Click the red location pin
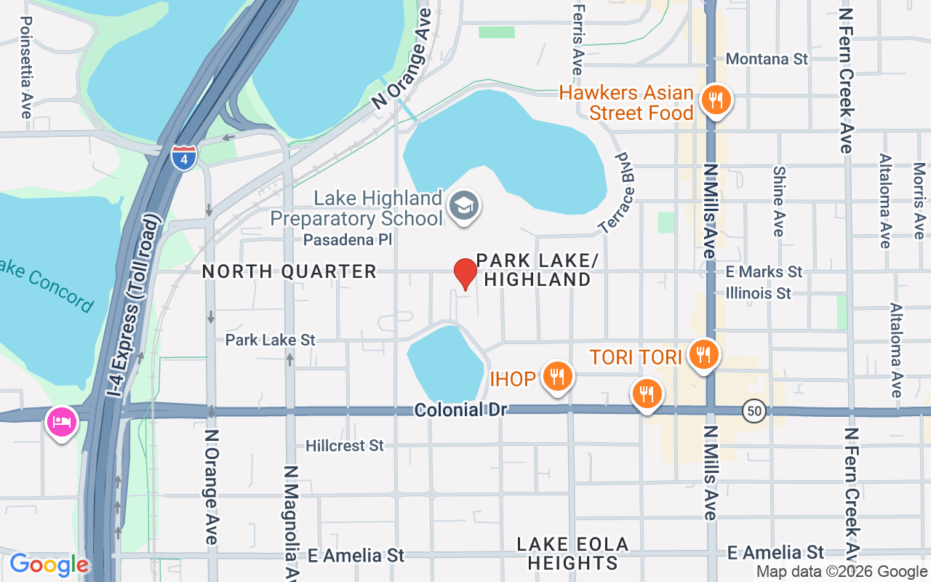(465, 274)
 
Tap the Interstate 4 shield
(184, 156)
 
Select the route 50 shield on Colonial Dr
(754, 411)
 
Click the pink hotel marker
(62, 422)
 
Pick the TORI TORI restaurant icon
(702, 355)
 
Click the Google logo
(49, 565)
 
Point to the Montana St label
(767, 59)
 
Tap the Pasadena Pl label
(348, 239)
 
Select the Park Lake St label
(270, 340)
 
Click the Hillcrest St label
(344, 445)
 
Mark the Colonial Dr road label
(460, 410)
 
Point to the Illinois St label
(758, 293)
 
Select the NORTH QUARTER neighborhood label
(289, 271)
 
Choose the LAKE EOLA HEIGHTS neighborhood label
(572, 554)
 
